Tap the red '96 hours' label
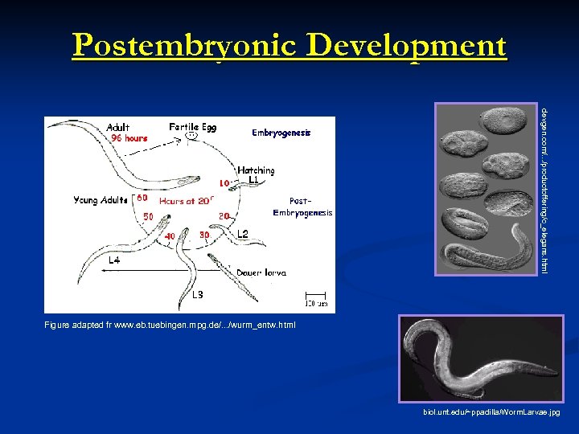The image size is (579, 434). (129, 138)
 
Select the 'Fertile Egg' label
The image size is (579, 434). (192, 126)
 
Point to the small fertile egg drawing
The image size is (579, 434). (191, 136)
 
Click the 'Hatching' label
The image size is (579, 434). (256, 170)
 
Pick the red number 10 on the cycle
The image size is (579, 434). (225, 182)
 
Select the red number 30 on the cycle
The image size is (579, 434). (205, 235)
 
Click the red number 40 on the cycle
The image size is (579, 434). (170, 235)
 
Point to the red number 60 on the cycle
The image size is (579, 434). (141, 198)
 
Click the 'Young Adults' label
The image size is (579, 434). (101, 200)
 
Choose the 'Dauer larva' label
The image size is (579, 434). (261, 273)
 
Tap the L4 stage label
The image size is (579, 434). (115, 262)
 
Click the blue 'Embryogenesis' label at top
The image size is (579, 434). (281, 133)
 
